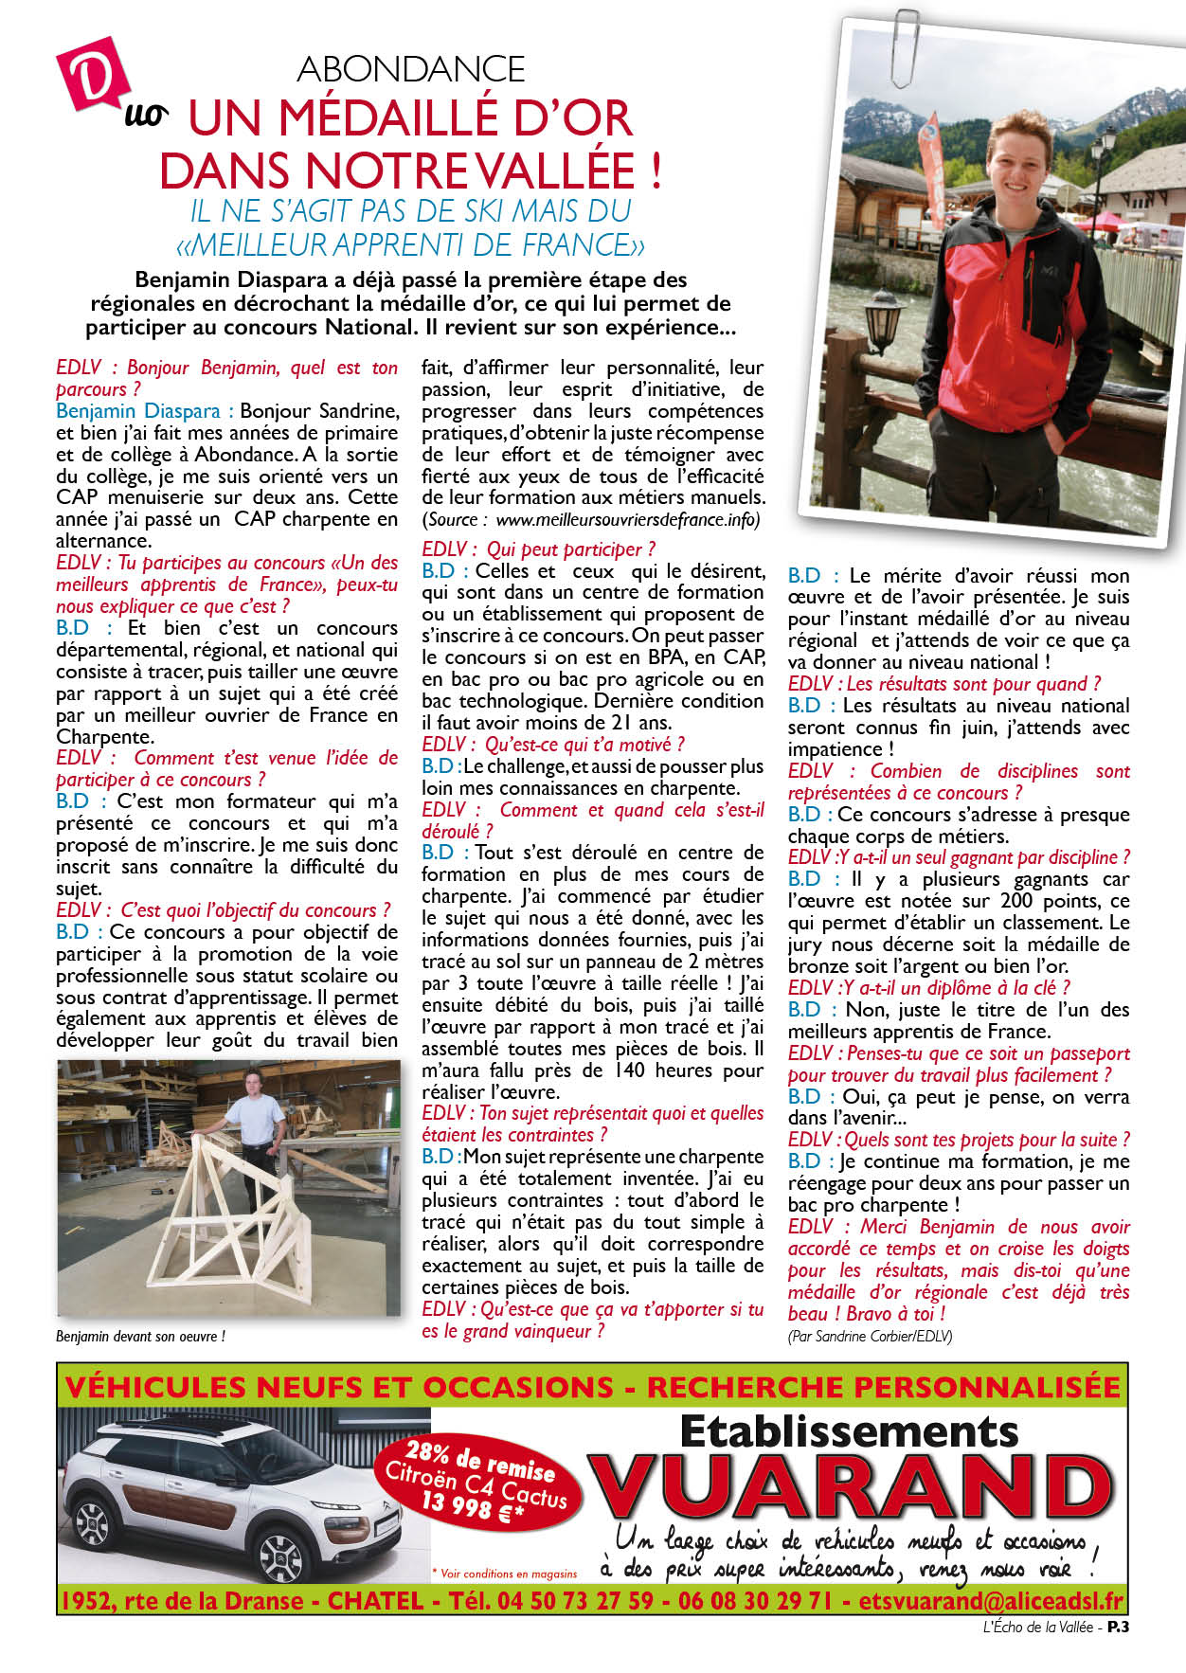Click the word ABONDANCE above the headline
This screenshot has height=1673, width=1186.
(411, 69)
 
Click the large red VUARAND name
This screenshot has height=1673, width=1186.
(850, 1491)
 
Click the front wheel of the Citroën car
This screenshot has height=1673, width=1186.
(281, 1557)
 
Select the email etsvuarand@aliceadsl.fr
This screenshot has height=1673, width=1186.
(991, 1601)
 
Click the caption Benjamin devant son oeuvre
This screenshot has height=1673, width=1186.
(140, 1337)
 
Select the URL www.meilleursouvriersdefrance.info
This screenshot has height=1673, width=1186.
(627, 520)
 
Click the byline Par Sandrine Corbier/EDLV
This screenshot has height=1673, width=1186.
(870, 1336)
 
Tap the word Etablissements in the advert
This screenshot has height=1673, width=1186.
(849, 1430)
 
